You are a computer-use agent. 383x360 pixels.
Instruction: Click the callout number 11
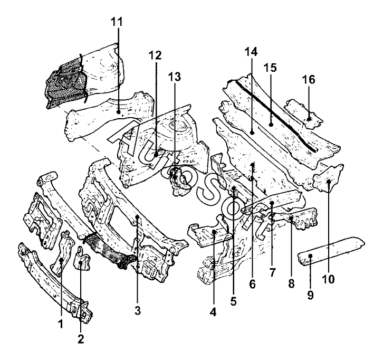tap(117, 22)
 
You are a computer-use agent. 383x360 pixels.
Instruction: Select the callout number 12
tap(155, 55)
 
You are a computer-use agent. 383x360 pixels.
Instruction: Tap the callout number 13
tap(175, 77)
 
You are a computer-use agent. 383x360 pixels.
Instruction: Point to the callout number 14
tap(251, 52)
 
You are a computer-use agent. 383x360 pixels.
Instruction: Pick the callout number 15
tap(270, 68)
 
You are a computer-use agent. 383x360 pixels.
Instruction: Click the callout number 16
tap(309, 80)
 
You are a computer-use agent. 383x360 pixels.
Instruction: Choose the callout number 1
tap(60, 324)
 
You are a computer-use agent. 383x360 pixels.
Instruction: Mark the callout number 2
tap(81, 339)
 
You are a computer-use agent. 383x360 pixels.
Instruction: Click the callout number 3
tap(138, 311)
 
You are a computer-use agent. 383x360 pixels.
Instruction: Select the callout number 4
tap(213, 312)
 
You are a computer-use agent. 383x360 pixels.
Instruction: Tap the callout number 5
tap(233, 301)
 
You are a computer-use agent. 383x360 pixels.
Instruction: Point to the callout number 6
tap(252, 284)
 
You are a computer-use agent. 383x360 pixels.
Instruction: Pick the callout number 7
tap(272, 272)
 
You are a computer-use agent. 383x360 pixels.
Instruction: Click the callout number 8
tap(291, 284)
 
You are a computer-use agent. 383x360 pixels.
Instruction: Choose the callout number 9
tap(310, 296)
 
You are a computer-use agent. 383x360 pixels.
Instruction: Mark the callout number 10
tap(328, 279)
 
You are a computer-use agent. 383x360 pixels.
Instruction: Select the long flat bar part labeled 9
tap(330, 251)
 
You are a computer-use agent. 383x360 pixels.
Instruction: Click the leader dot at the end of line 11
tap(118, 112)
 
